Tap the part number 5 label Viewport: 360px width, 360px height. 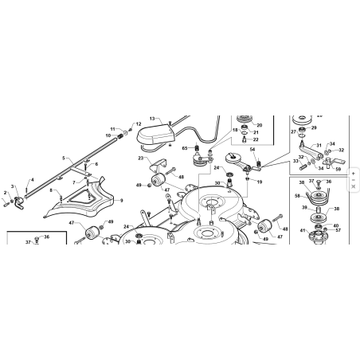[x=63, y=158]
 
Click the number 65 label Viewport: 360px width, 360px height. [x=184, y=148]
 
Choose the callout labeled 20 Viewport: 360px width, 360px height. [x=258, y=126]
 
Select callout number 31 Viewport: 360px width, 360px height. [x=319, y=146]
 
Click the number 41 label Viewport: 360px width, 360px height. [x=302, y=230]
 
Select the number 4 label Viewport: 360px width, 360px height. [x=32, y=180]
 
